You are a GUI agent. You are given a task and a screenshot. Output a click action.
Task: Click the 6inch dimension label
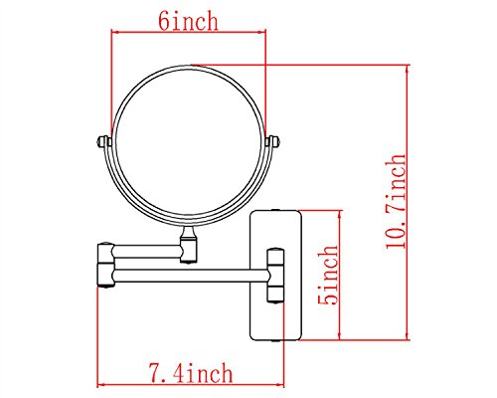point(188,21)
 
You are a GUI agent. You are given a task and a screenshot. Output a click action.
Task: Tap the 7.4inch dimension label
point(190,373)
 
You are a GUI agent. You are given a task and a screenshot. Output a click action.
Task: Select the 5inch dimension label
point(328,275)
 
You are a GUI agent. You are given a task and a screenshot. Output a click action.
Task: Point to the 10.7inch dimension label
point(396,201)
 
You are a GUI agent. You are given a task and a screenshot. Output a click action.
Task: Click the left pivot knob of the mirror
point(103,142)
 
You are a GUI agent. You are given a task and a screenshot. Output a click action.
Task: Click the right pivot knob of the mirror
point(273,142)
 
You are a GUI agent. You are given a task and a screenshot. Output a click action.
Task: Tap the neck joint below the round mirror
point(189,244)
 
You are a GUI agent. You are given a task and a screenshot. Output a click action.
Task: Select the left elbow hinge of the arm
point(106,266)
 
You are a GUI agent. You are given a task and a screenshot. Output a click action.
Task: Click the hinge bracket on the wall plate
point(275,276)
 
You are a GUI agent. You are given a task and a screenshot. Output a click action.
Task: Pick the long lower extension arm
point(191,276)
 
